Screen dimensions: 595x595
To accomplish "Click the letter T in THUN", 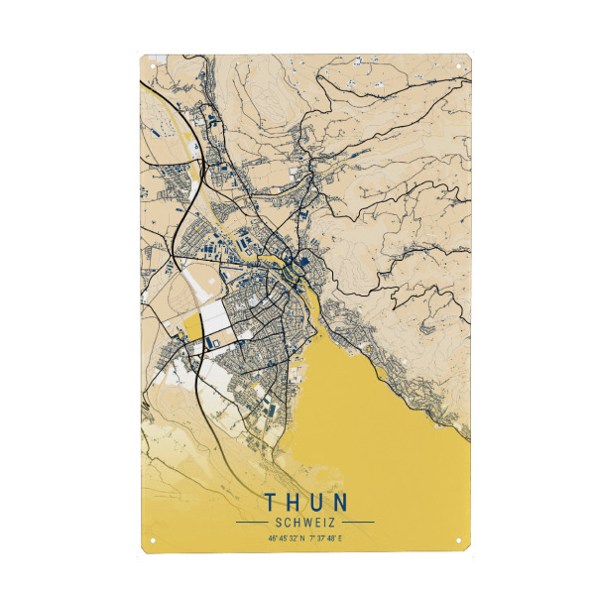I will [271, 502].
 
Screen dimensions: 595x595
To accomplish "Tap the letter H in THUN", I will [293, 502].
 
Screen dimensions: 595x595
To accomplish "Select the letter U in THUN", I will [316, 502].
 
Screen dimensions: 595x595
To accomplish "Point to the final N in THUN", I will [340, 502].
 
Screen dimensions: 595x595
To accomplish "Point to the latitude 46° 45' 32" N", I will [287, 538].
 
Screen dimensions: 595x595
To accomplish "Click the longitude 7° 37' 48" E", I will [325, 538].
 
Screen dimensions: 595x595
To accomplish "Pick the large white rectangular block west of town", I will [217, 320].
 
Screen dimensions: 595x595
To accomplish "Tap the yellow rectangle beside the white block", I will [190, 328].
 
